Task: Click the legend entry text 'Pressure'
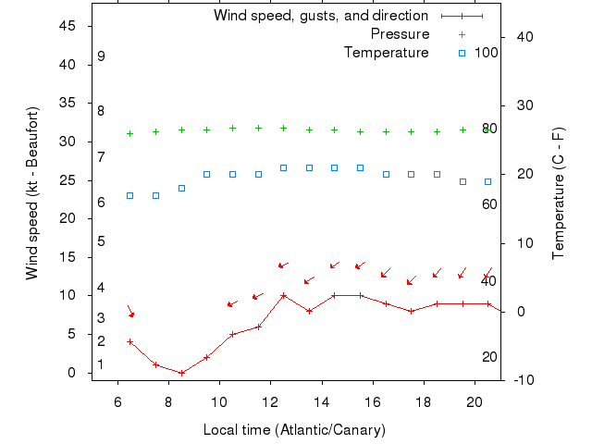click(x=400, y=34)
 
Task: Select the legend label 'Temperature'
click(x=387, y=53)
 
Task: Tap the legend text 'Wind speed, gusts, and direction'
click(x=320, y=16)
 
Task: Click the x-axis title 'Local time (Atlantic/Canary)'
click(x=294, y=430)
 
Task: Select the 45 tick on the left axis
click(x=68, y=26)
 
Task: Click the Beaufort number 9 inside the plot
click(x=101, y=56)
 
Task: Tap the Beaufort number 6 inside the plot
click(x=101, y=202)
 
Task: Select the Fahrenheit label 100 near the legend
click(x=487, y=53)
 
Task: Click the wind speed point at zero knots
click(x=181, y=373)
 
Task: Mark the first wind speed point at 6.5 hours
click(x=130, y=341)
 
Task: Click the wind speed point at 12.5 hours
click(x=283, y=296)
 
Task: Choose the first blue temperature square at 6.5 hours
click(x=130, y=195)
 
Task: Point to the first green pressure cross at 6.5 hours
click(x=130, y=133)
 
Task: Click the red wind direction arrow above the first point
click(x=130, y=312)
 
